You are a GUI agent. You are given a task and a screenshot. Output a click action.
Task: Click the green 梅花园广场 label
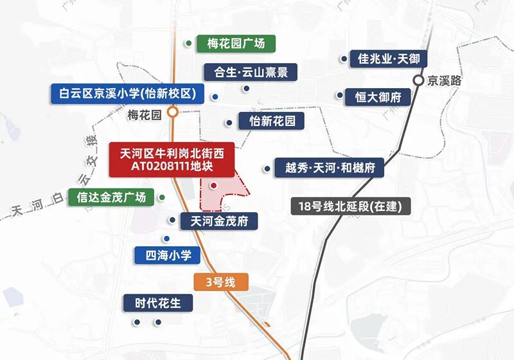tap(236, 44)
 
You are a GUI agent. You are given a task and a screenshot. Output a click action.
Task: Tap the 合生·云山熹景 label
tap(251, 71)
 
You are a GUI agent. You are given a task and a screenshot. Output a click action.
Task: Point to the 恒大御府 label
tap(378, 98)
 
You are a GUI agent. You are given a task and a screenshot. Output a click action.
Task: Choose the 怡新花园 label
tap(270, 121)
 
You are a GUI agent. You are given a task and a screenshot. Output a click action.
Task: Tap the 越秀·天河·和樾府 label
tap(325, 168)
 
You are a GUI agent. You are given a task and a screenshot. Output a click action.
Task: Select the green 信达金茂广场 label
tap(111, 197)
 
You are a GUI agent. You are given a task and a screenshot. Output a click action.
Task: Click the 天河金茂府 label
tap(220, 221)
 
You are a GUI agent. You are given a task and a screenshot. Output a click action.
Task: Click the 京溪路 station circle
tap(418, 80)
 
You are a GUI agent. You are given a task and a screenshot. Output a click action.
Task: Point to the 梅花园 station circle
tap(172, 112)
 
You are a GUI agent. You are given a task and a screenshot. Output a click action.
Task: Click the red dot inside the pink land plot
tap(213, 186)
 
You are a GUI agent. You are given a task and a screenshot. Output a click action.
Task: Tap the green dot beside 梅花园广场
tap(189, 44)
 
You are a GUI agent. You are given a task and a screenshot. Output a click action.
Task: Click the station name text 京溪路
tap(446, 81)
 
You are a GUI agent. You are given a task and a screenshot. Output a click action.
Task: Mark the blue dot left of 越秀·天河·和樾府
tap(266, 169)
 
